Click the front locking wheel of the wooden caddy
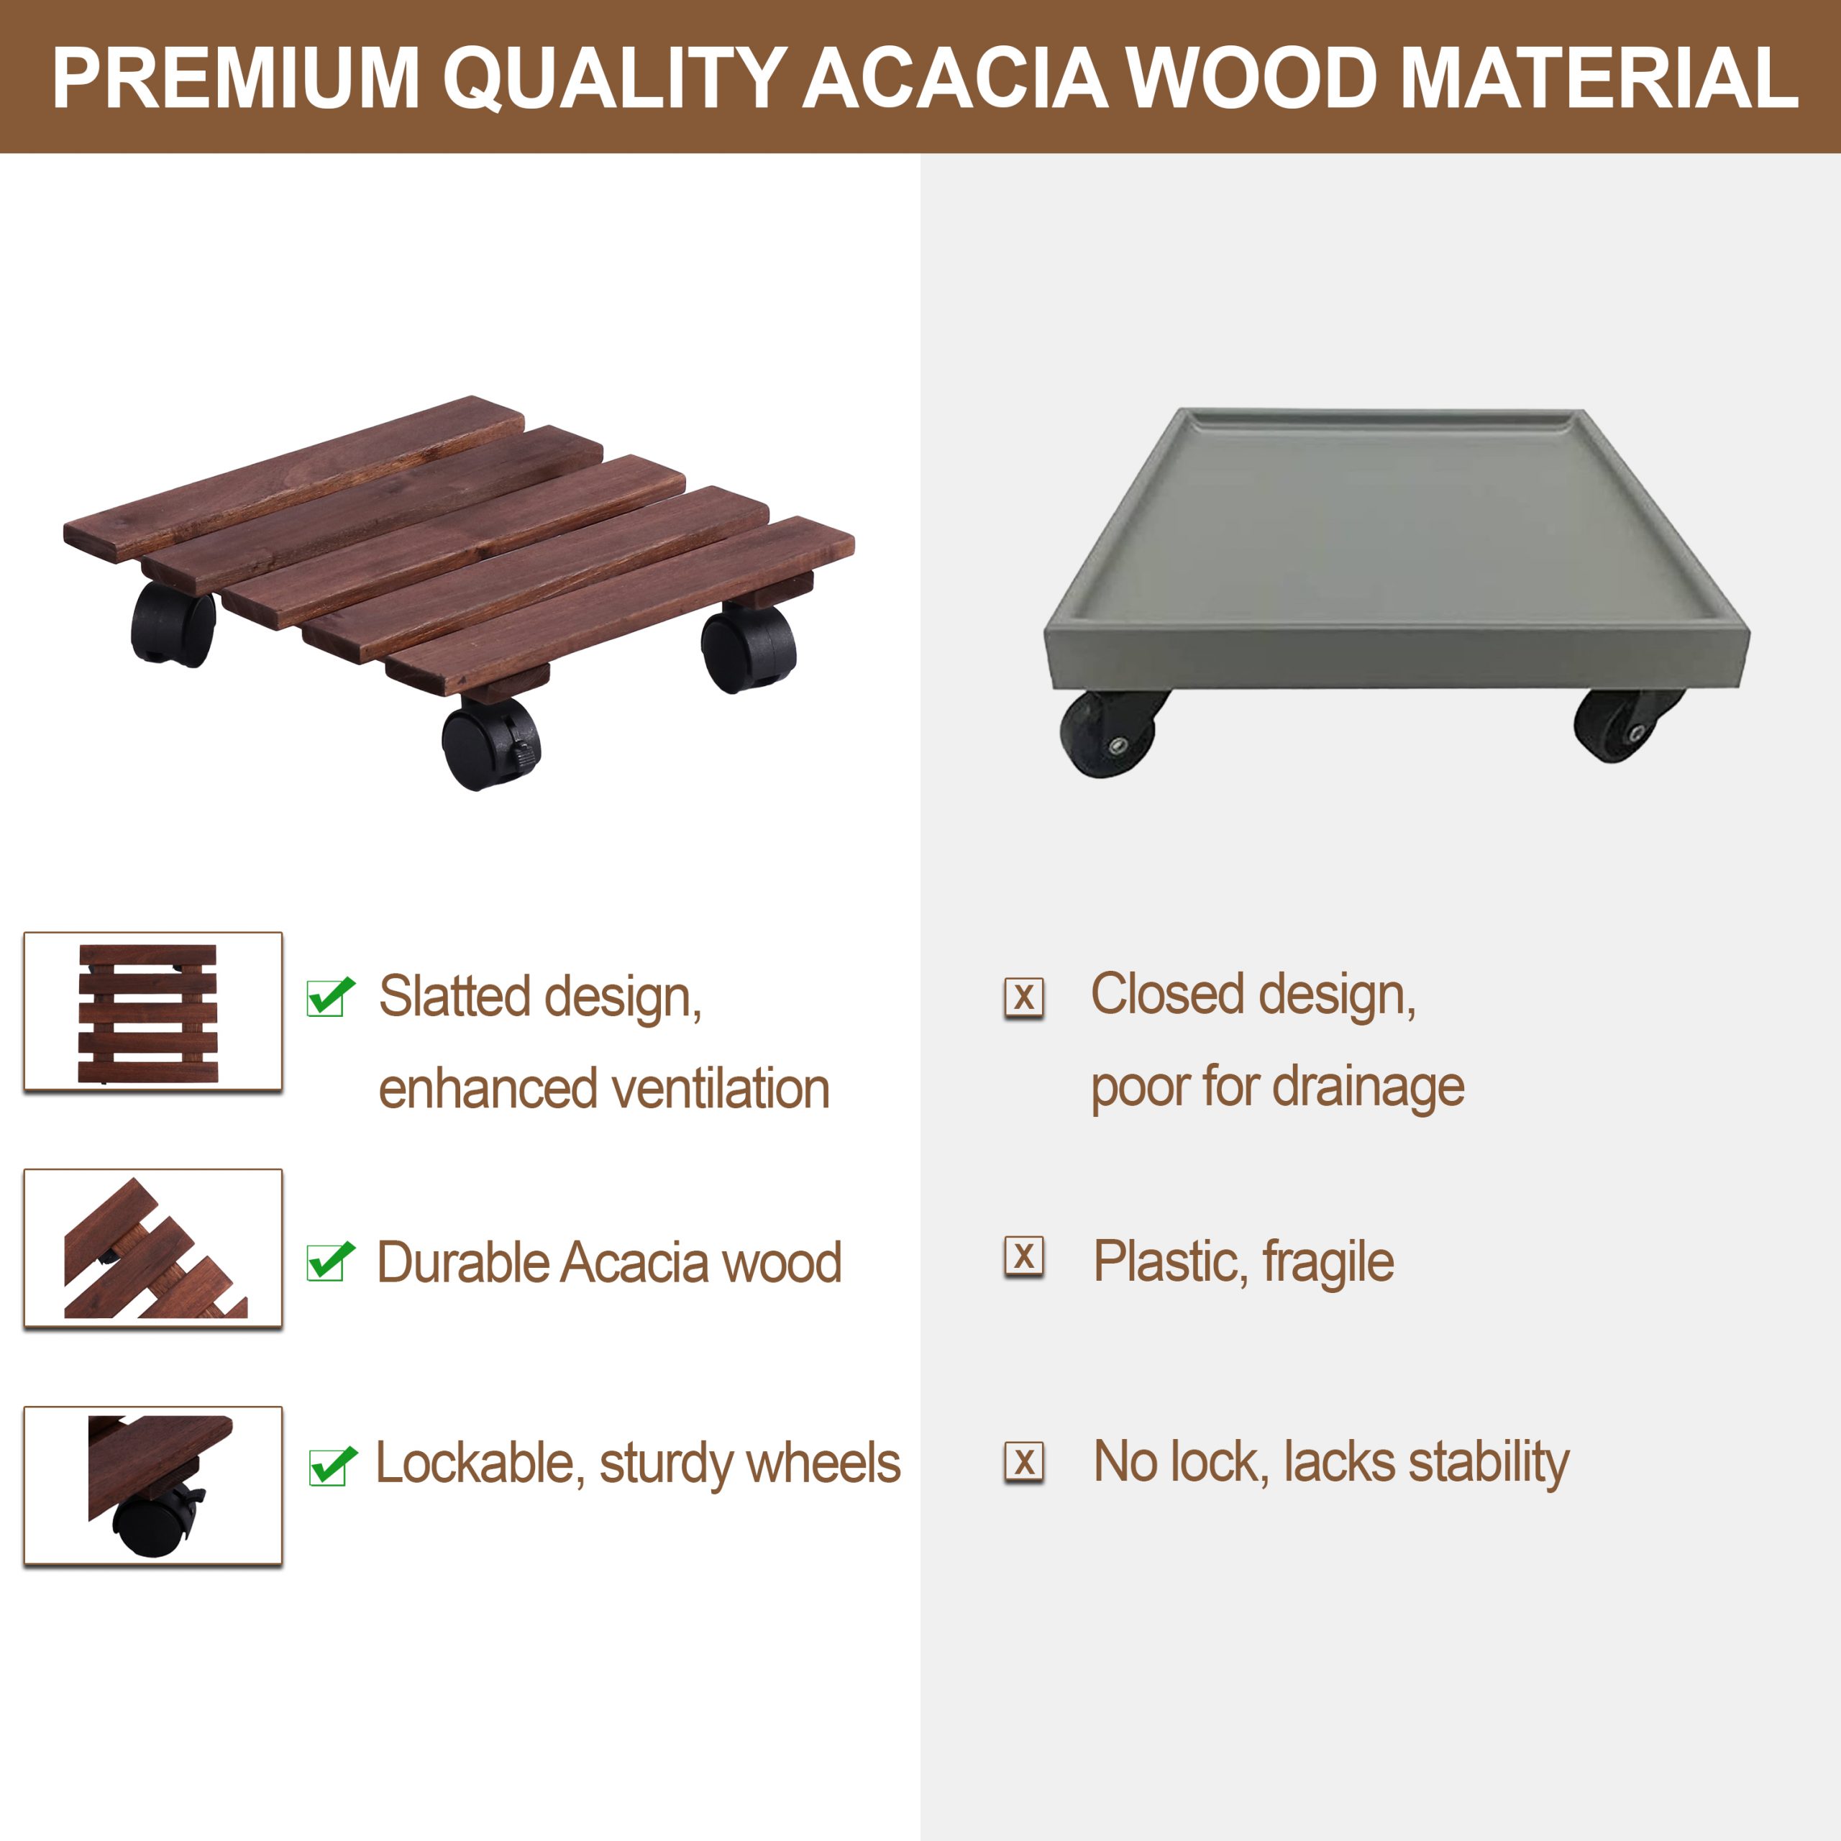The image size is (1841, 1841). (490, 742)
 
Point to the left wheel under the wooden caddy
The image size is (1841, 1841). (173, 623)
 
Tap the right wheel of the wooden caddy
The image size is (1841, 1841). (748, 646)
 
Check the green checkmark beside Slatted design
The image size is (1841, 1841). (331, 997)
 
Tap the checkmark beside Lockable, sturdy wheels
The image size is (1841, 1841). (332, 1466)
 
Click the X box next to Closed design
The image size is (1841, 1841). (1024, 997)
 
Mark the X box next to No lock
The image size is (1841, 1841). (1024, 1462)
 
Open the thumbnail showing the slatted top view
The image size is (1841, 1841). (152, 1011)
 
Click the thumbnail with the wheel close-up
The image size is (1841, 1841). (152, 1486)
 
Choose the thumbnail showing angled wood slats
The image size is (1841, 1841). (152, 1248)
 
